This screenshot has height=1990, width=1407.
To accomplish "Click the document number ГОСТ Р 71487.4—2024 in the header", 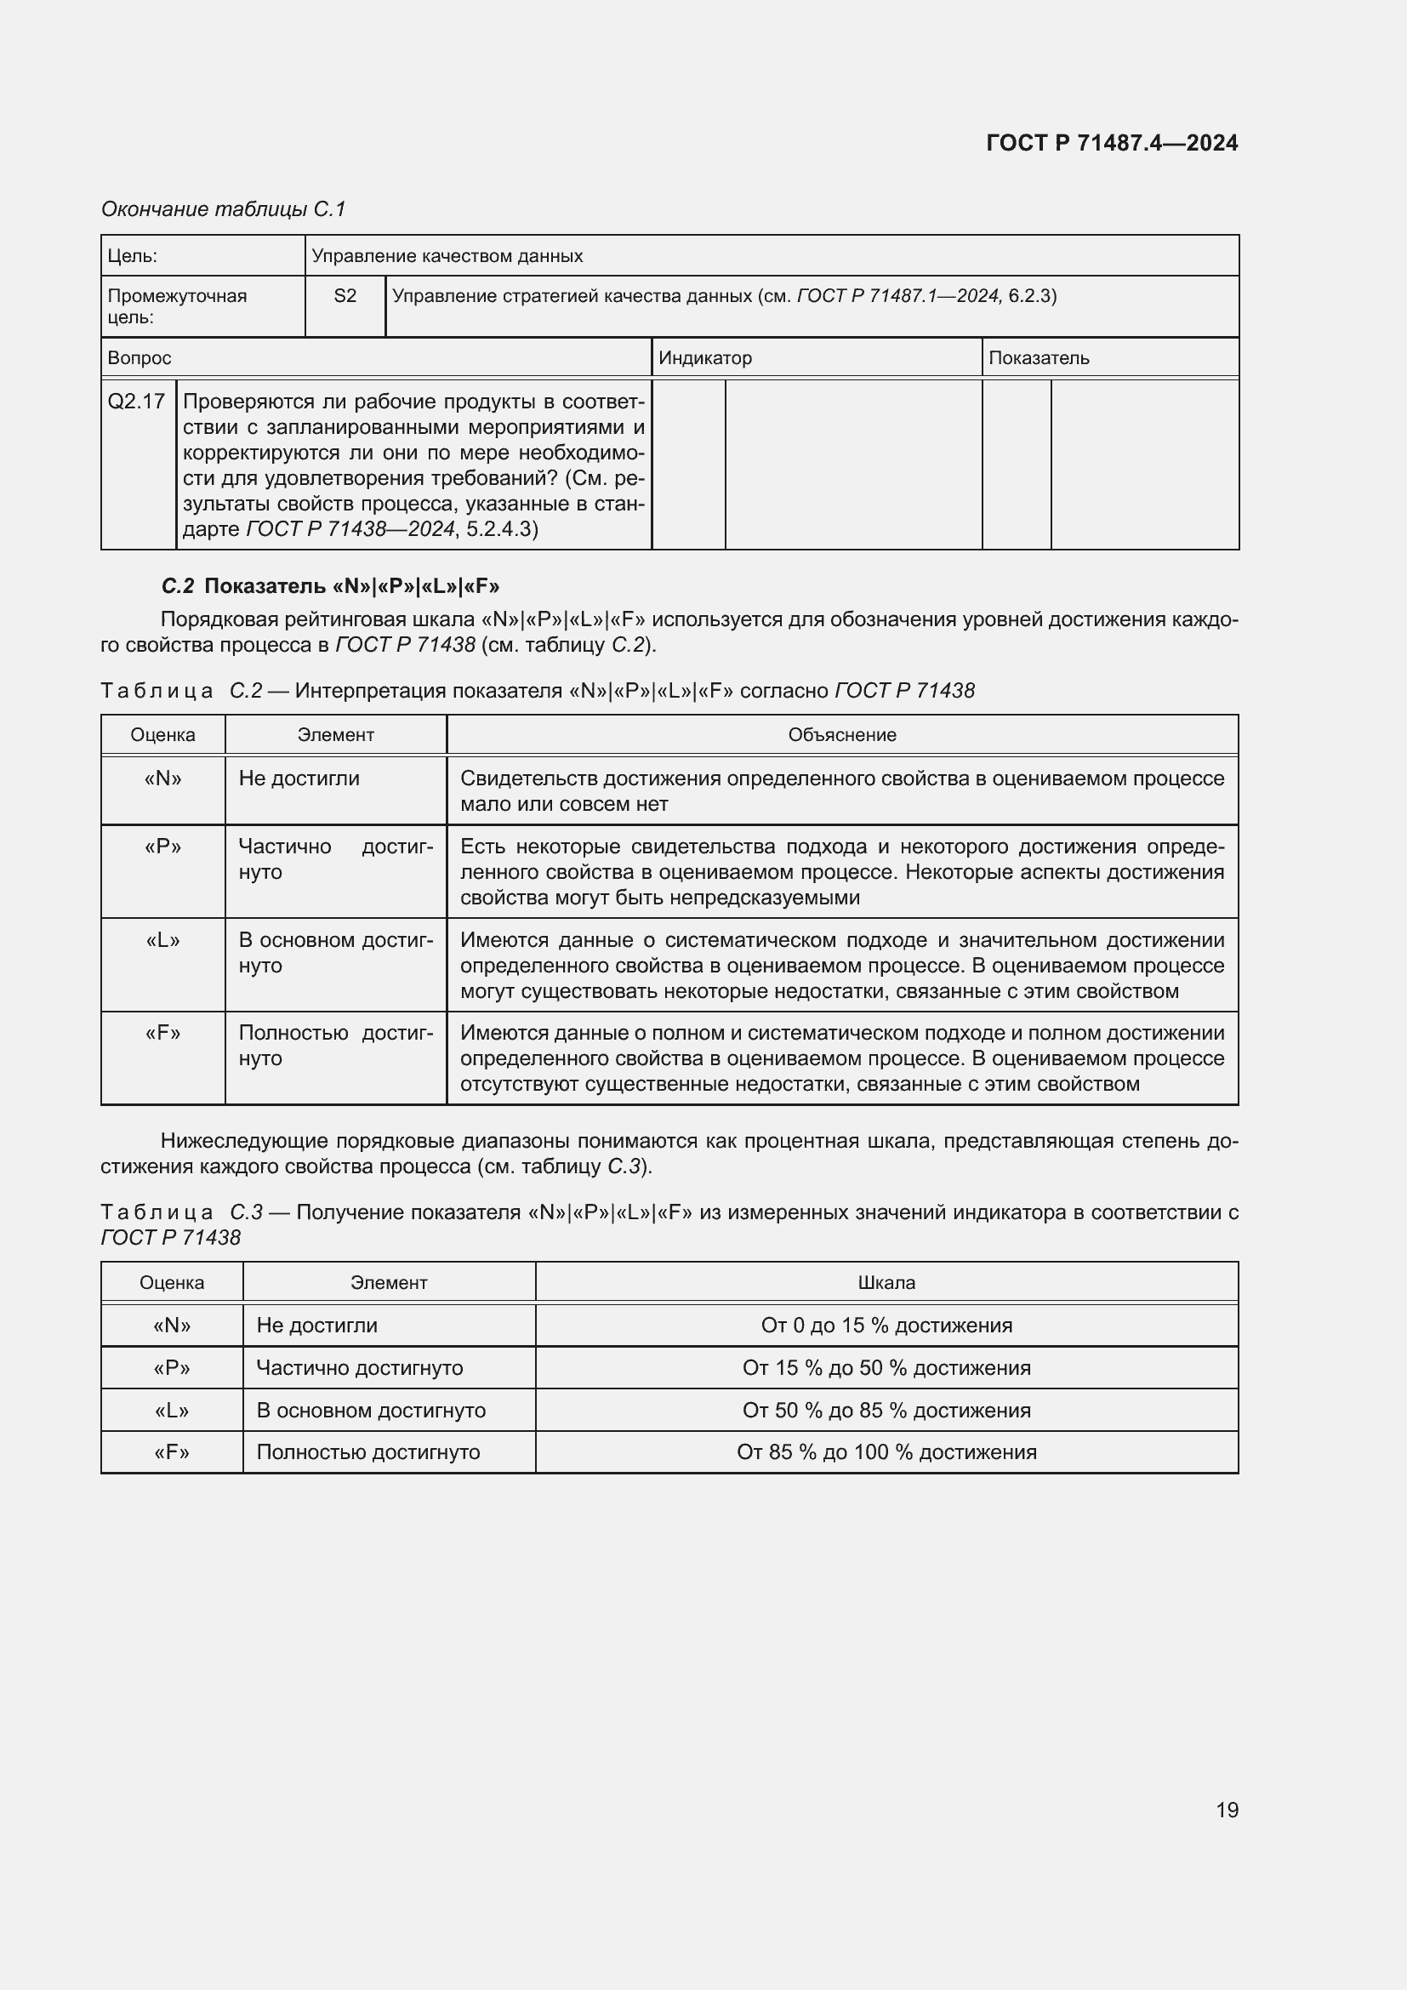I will pyautogui.click(x=1112, y=143).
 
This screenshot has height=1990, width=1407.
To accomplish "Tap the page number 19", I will pyautogui.click(x=1227, y=1810).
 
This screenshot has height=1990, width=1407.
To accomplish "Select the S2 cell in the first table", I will pyautogui.click(x=345, y=296).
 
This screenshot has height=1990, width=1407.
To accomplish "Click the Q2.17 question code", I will pyautogui.click(x=136, y=402).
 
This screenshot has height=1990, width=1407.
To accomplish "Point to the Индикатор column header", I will pyautogui.click(x=705, y=358).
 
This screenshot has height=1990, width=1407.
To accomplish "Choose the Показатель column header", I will pyautogui.click(x=1039, y=358).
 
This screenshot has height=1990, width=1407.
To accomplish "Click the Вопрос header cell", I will pyautogui.click(x=140, y=358).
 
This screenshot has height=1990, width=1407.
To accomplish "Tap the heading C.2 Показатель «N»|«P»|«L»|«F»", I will pyautogui.click(x=330, y=586).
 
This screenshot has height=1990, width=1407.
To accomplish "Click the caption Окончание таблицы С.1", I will pyautogui.click(x=224, y=209).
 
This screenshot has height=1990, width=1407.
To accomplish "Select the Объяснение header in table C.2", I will pyautogui.click(x=841, y=735).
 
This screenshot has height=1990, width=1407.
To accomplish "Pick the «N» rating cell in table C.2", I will pyautogui.click(x=162, y=778).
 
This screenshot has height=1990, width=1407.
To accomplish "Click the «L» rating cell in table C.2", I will pyautogui.click(x=162, y=940).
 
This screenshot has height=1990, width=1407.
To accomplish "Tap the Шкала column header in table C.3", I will pyautogui.click(x=886, y=1283).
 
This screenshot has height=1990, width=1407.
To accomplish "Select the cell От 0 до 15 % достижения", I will pyautogui.click(x=886, y=1326).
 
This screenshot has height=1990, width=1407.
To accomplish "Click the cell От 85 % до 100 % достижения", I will pyautogui.click(x=886, y=1451).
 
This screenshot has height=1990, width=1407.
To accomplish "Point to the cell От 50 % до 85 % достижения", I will pyautogui.click(x=886, y=1410).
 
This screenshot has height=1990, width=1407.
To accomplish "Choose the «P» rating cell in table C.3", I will pyautogui.click(x=172, y=1368).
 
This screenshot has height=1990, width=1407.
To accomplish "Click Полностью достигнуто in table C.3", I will pyautogui.click(x=368, y=1451).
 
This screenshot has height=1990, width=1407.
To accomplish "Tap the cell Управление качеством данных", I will pyautogui.click(x=447, y=257).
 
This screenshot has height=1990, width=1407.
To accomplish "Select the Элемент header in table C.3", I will pyautogui.click(x=388, y=1283).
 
